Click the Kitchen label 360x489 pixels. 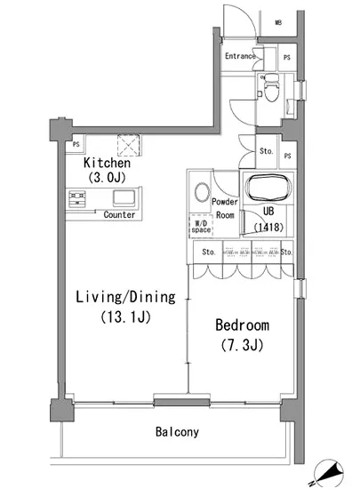pyautogui.click(x=107, y=163)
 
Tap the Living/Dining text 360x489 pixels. pyautogui.click(x=125, y=297)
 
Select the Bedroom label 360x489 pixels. pyautogui.click(x=242, y=325)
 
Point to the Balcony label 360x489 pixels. pyautogui.click(x=177, y=432)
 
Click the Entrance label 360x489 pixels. pyautogui.click(x=240, y=56)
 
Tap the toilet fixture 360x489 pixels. pyautogui.click(x=271, y=87)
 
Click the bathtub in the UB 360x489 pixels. pyautogui.click(x=268, y=188)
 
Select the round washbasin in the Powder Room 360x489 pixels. pyautogui.click(x=202, y=192)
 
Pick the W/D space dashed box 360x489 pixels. pyautogui.click(x=201, y=226)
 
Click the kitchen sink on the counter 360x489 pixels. pyautogui.click(x=124, y=197)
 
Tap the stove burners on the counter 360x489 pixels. pyautogui.click(x=77, y=199)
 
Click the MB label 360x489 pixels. pyautogui.click(x=278, y=22)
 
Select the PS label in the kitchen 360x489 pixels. pyautogui.click(x=76, y=144)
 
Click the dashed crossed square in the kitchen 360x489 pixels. pyautogui.click(x=129, y=145)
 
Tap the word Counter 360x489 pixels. pyautogui.click(x=119, y=215)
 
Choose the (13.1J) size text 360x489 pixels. pyautogui.click(x=125, y=317)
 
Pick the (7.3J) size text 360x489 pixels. pyautogui.click(x=242, y=345)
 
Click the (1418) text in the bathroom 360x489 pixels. pyautogui.click(x=268, y=227)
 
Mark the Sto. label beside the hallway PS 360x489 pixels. pyautogui.click(x=266, y=151)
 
